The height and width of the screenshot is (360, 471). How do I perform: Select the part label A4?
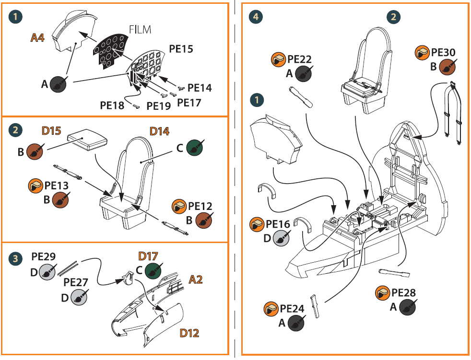point(37,38)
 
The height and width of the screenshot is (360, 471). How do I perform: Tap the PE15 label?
point(181,49)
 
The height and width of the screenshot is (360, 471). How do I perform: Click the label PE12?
point(200,206)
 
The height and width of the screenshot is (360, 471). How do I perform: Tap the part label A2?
point(196,279)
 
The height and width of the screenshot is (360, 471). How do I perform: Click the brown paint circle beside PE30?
point(447,67)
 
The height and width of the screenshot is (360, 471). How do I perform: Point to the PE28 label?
point(403,293)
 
